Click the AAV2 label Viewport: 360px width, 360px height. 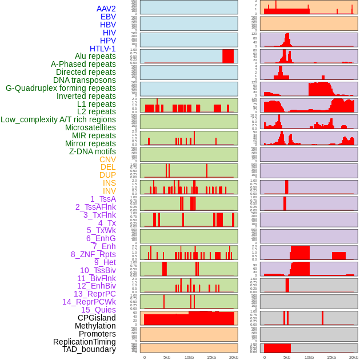point(106,9)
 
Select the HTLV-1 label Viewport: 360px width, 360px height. point(102,49)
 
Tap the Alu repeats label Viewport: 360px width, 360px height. point(95,56)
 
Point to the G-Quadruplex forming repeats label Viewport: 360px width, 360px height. point(61,88)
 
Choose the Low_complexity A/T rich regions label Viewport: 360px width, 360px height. point(58,119)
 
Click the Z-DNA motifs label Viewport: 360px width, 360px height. point(92,151)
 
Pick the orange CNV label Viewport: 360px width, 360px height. point(107,159)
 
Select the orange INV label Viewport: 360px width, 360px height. point(109,191)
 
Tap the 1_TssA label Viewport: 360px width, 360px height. point(103,199)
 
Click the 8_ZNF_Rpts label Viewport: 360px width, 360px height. point(93,254)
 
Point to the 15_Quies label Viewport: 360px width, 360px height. point(98,310)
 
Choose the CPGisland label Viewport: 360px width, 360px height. point(97,318)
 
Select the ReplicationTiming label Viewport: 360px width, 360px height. point(84,342)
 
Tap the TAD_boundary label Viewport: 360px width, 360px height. point(89,349)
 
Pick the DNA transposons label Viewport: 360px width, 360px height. point(85,80)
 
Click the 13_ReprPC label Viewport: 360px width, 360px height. point(94,294)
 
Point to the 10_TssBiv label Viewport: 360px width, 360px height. point(98,270)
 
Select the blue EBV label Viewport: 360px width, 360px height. point(108,17)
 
